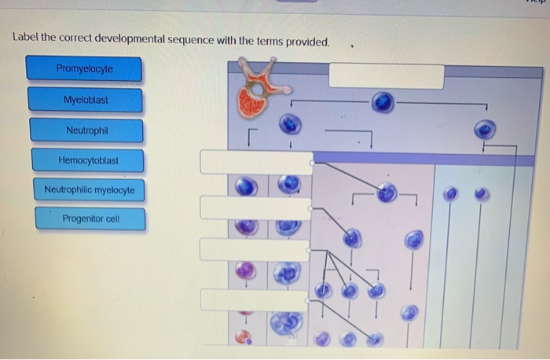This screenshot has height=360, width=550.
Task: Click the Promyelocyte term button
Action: coord(84,69)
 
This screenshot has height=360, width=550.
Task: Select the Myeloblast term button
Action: coord(86,100)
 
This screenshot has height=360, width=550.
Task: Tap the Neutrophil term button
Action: coord(86,130)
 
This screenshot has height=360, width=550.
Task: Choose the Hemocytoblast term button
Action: coord(88,161)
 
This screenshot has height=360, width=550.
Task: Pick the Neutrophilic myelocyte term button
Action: coord(89,190)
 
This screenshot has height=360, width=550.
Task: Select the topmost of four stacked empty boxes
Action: coord(256,162)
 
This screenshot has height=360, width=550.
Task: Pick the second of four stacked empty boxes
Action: coord(256,208)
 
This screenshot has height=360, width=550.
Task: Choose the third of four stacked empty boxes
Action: coord(256,249)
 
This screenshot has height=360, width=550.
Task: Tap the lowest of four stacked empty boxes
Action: coord(256,299)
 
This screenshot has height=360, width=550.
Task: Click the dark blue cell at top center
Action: coord(383,103)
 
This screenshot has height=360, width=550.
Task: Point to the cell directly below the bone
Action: coord(291,124)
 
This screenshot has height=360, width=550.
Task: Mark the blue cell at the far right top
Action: coord(486,127)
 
